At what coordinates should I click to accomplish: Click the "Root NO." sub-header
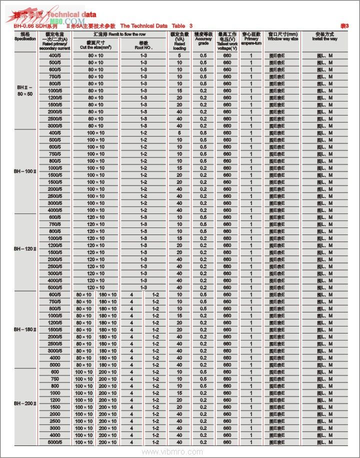[143, 46]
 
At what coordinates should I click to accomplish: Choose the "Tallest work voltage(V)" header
[227, 41]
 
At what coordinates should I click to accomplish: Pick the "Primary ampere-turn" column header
[251, 38]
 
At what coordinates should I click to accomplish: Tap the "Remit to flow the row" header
[119, 33]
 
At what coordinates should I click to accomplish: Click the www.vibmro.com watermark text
[179, 451]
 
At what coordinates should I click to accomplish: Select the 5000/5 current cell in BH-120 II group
[55, 287]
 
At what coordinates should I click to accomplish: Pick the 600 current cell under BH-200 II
[55, 372]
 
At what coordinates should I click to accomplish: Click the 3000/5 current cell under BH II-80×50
[55, 125]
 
